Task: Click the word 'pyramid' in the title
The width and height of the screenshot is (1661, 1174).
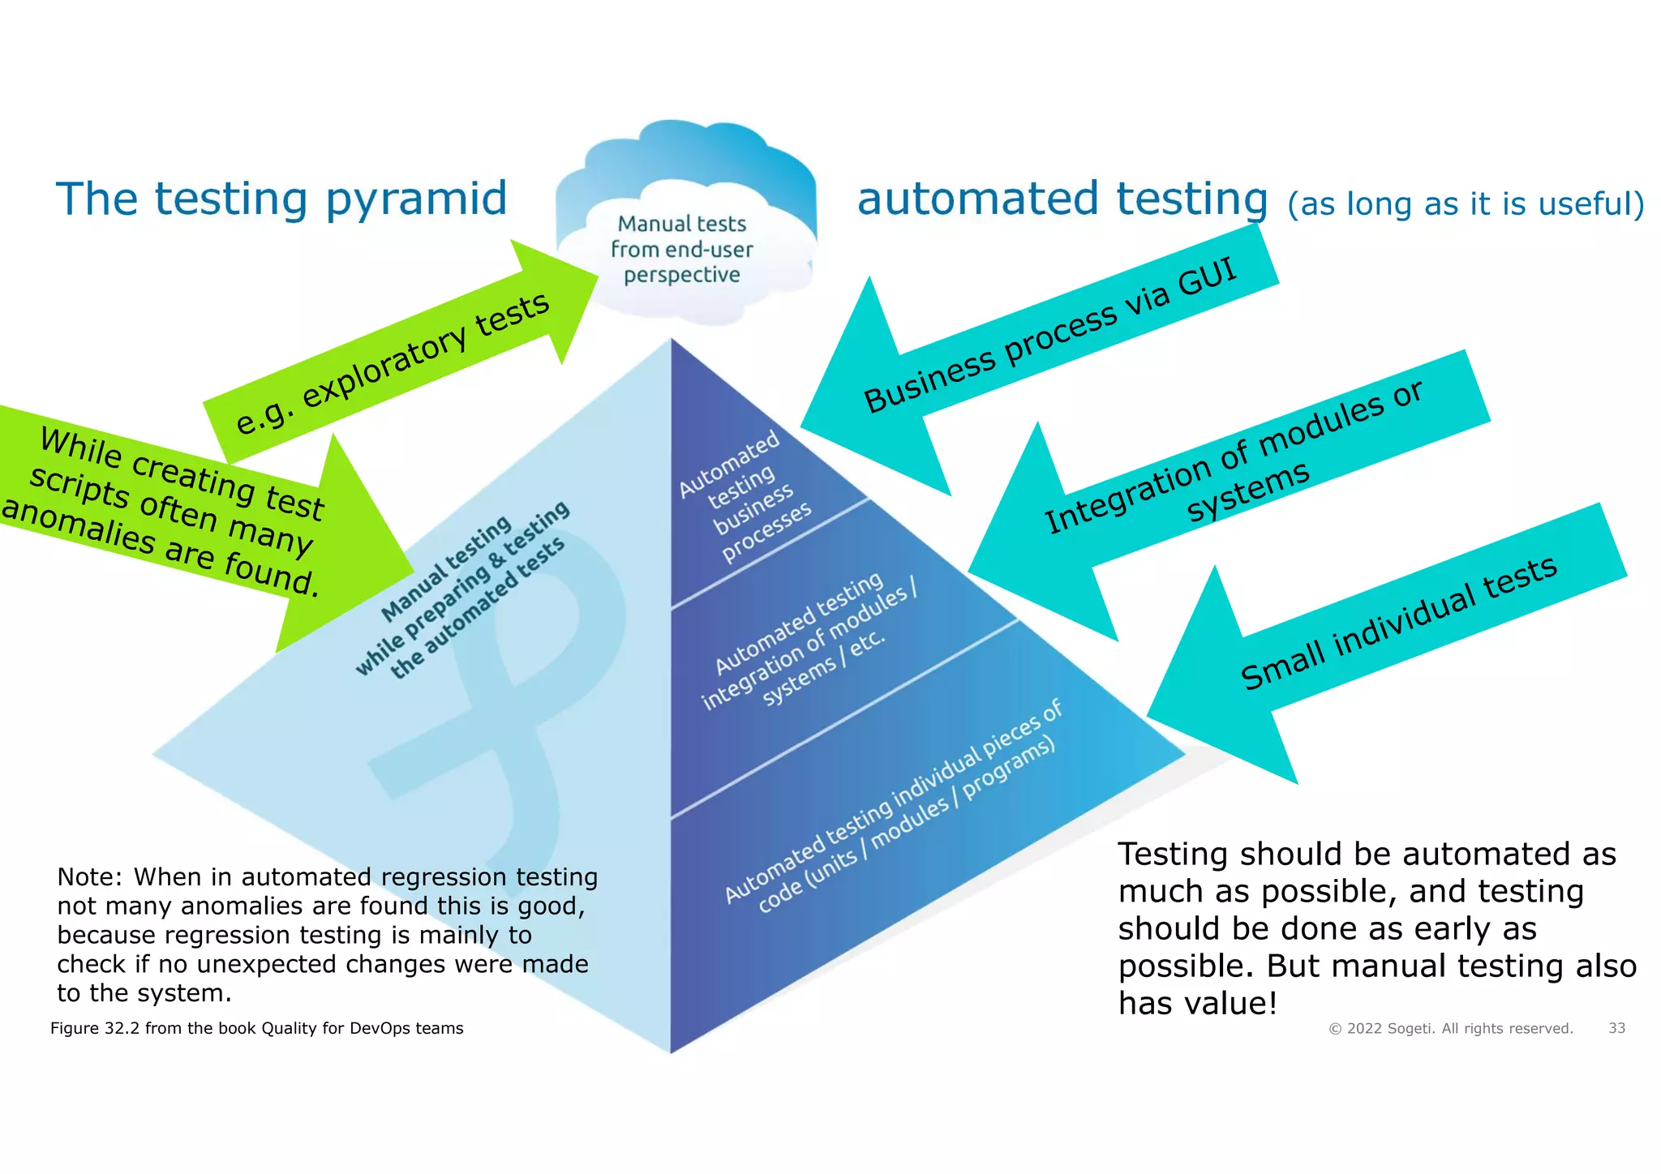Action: [x=416, y=199]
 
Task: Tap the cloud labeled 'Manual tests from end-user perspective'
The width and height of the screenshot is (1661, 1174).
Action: [x=682, y=248]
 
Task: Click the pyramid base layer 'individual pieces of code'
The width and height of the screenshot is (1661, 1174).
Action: [x=892, y=811]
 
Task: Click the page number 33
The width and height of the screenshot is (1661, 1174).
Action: [x=1616, y=1028]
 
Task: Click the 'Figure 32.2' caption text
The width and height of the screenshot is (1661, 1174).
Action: [x=256, y=1028]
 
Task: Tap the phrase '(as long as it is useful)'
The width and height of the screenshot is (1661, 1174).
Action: [x=1465, y=204]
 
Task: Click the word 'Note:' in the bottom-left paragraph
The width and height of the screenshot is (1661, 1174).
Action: [x=90, y=877]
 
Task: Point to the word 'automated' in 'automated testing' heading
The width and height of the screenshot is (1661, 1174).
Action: [x=977, y=199]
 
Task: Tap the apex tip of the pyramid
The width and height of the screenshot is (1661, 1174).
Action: [x=672, y=341]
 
